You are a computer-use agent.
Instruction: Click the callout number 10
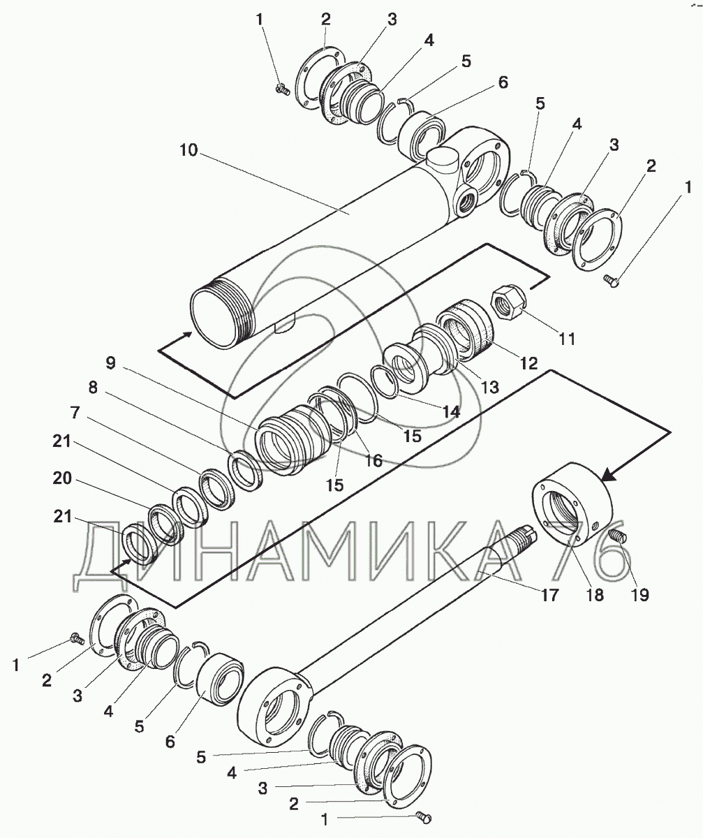click(x=188, y=150)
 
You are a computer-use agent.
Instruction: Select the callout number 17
click(x=549, y=595)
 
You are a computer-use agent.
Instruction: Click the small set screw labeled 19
click(x=619, y=536)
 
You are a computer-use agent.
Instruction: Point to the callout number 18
click(x=595, y=595)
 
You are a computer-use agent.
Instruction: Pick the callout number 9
click(x=111, y=363)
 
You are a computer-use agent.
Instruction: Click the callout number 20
click(x=62, y=478)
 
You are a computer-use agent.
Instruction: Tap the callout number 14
click(x=452, y=411)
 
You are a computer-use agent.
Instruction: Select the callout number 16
click(x=373, y=461)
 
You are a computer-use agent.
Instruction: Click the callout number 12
click(x=528, y=364)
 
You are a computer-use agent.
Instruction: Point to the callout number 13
click(x=490, y=388)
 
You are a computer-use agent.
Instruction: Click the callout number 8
click(x=93, y=388)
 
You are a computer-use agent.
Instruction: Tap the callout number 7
click(x=75, y=413)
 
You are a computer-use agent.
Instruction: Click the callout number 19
click(x=640, y=595)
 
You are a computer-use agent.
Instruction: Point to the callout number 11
click(x=567, y=339)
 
